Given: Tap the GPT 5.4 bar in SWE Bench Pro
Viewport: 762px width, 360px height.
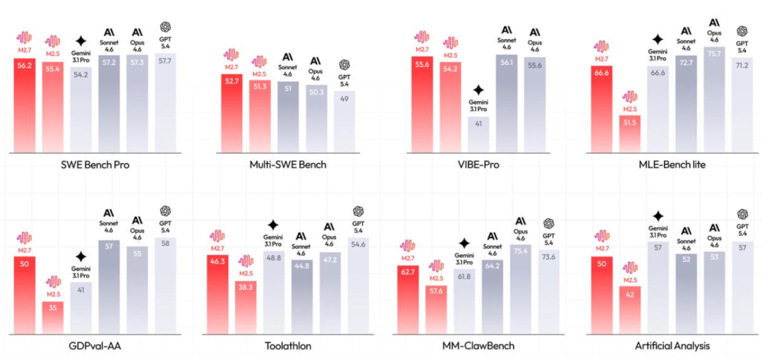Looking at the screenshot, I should [165, 102].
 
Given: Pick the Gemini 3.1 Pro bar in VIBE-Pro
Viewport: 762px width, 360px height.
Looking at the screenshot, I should [478, 134].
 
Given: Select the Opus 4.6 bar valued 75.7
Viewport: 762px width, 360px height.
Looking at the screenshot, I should [714, 99].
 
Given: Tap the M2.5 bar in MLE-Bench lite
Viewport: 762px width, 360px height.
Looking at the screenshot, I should [629, 127].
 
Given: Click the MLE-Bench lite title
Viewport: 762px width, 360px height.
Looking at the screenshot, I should [667, 165].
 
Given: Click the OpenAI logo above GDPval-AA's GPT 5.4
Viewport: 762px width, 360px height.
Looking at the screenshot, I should [165, 211].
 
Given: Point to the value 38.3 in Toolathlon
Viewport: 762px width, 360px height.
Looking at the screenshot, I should [246, 288].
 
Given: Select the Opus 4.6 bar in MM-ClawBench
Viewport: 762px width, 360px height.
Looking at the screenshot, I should [521, 289].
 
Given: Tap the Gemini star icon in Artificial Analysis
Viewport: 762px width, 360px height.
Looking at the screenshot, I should [658, 216].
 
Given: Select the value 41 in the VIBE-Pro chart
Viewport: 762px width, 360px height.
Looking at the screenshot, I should [478, 124].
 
